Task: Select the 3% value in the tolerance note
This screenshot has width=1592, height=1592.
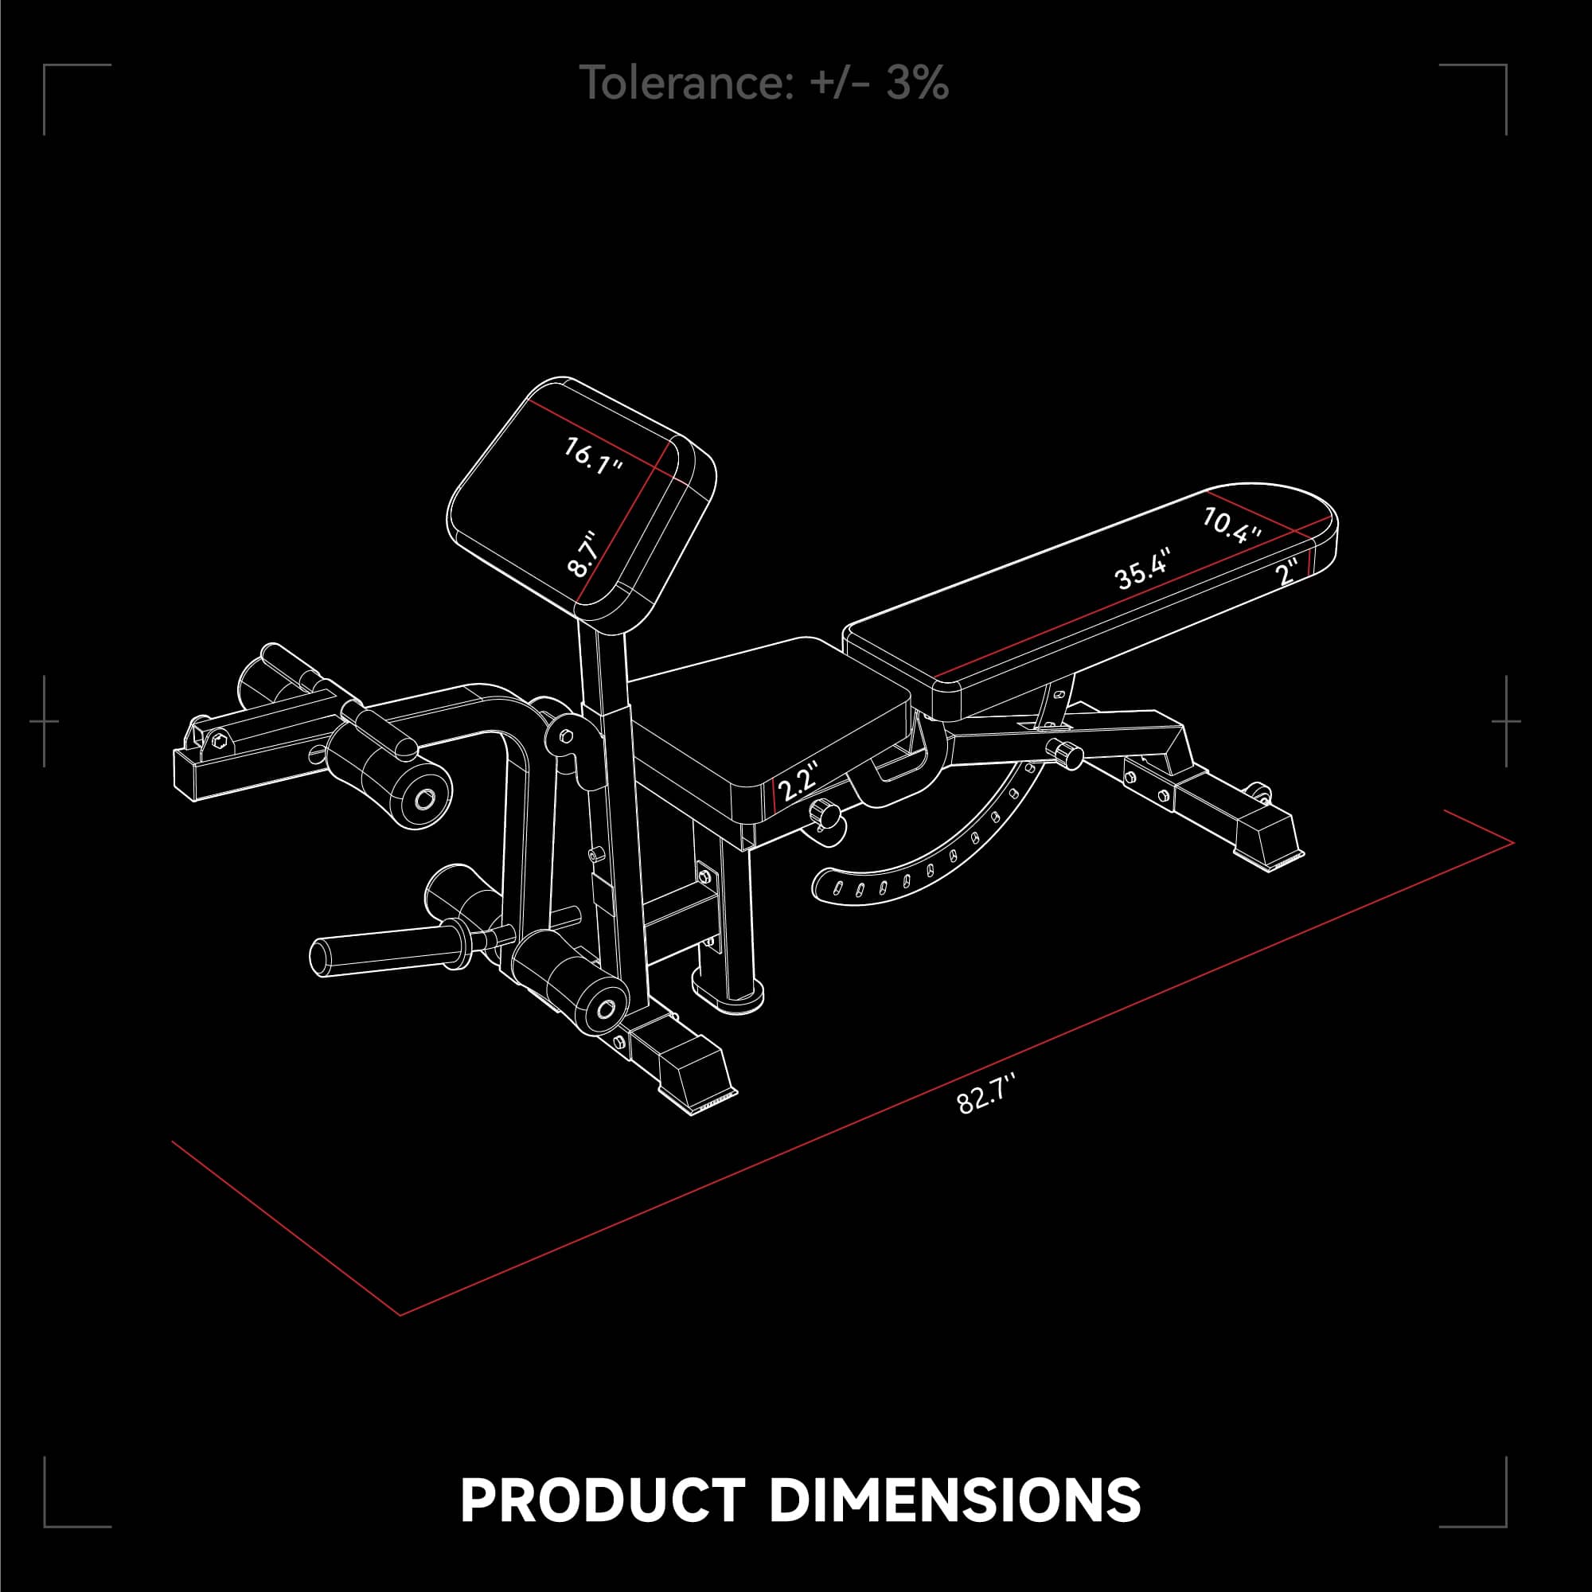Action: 918,84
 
